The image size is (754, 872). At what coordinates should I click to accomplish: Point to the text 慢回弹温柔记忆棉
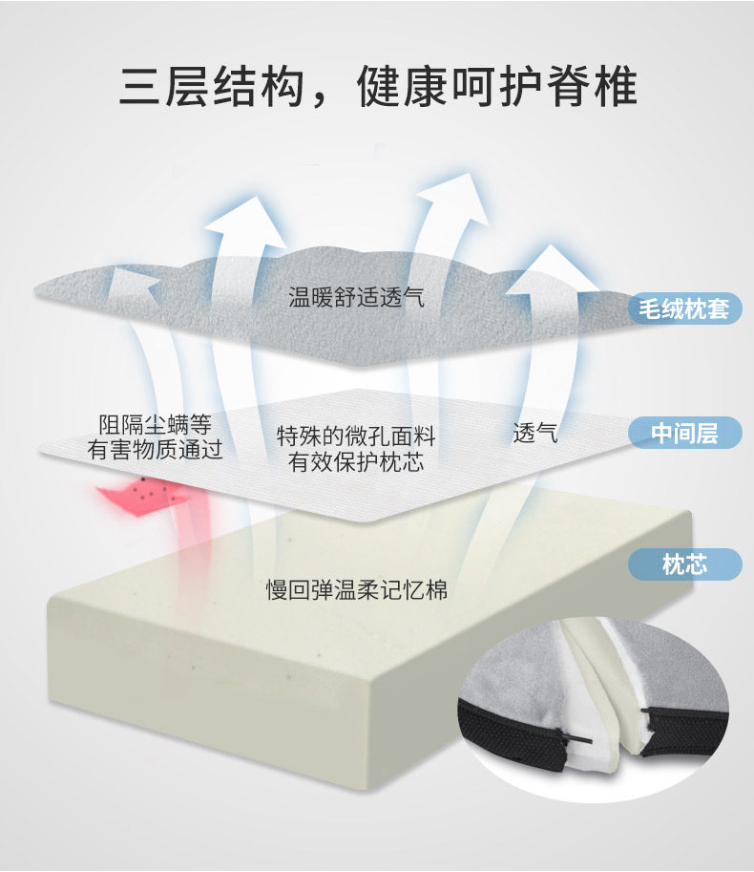(357, 590)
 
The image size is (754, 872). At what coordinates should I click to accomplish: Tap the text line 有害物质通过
(155, 450)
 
